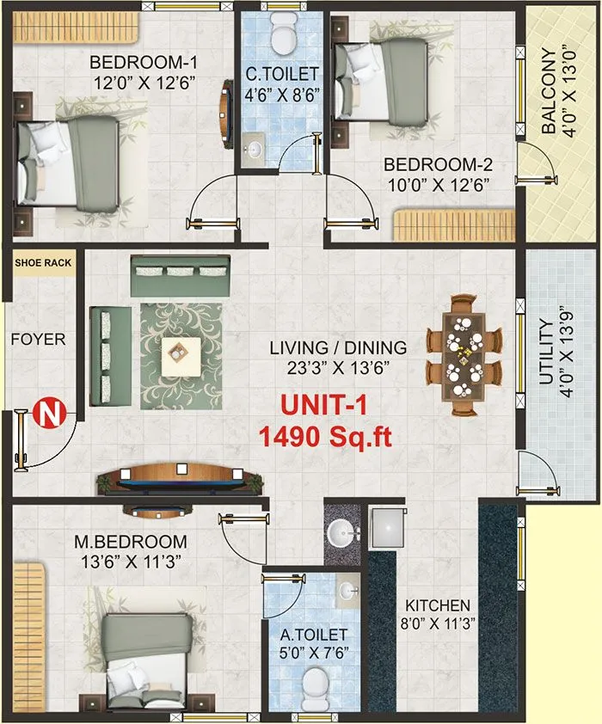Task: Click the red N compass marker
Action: click(x=49, y=415)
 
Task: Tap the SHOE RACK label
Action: click(x=42, y=263)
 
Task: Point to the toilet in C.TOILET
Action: click(x=281, y=34)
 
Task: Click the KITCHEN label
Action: click(x=439, y=605)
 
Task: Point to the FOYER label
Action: click(x=38, y=340)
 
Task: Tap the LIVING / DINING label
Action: click(x=337, y=348)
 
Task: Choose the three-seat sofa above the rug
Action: click(x=180, y=275)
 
